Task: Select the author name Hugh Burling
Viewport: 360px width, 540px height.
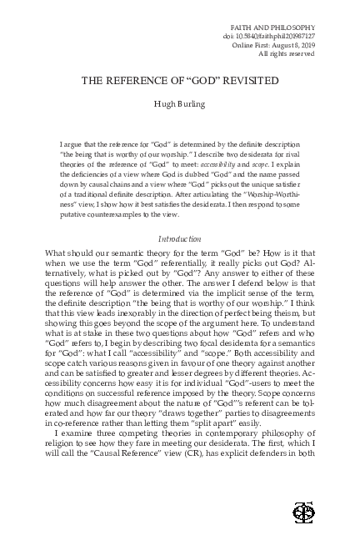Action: (x=179, y=105)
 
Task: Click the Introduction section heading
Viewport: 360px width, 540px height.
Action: (x=179, y=239)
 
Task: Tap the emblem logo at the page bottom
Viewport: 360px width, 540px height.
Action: (x=298, y=510)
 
